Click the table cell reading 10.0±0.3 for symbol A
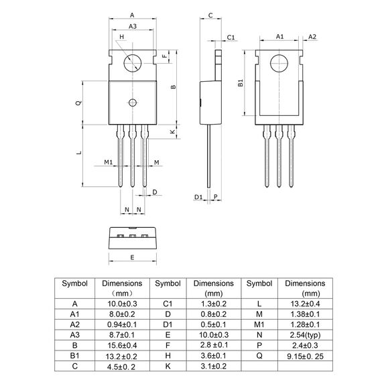tap(121, 303)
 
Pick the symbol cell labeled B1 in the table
tap(75, 355)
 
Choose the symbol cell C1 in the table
tap(168, 303)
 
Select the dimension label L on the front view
tap(78, 153)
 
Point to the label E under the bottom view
tap(132, 257)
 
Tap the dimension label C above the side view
tap(210, 14)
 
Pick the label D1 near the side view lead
tap(198, 196)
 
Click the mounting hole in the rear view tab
tap(279, 64)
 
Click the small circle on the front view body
tap(132, 103)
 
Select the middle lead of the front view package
tap(132, 157)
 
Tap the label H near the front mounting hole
tap(121, 38)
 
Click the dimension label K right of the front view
tap(173, 133)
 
